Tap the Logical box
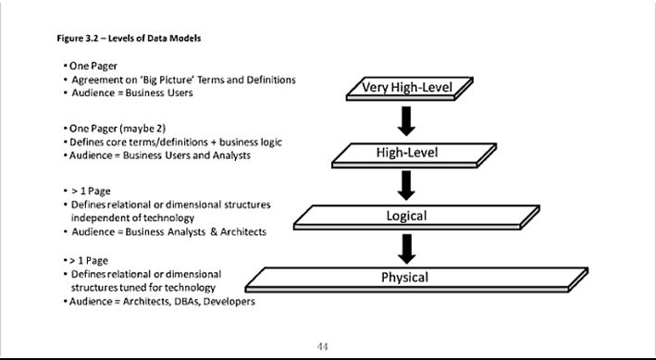pos(405,216)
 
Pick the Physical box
pos(405,277)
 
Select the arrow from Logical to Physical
pos(405,246)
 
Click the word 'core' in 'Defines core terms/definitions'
pos(118,142)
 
